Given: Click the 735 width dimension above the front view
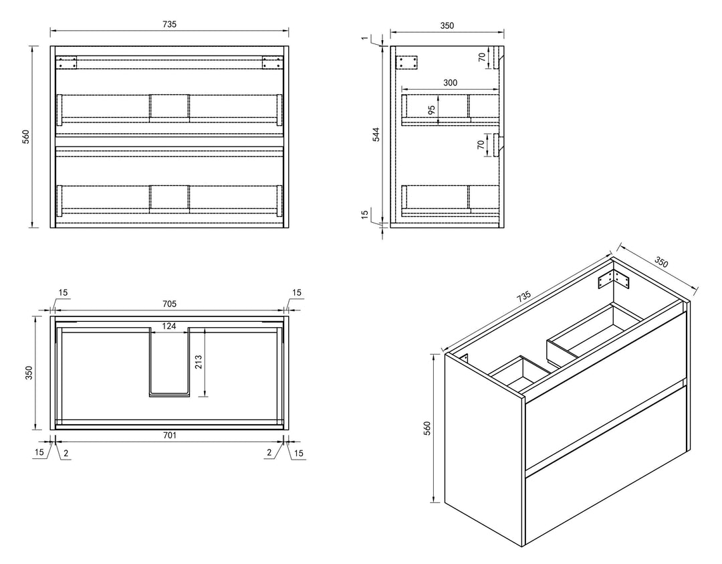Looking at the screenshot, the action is click(x=169, y=24).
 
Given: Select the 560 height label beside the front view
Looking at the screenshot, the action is click(x=26, y=137).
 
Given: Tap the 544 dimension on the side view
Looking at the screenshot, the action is click(x=376, y=134).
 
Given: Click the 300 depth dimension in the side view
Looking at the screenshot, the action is click(x=450, y=82).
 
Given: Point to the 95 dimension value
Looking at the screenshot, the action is click(x=431, y=110).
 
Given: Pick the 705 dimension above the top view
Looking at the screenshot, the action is click(x=169, y=304).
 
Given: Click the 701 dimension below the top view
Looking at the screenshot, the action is click(x=169, y=435).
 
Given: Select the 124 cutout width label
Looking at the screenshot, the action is click(x=169, y=326).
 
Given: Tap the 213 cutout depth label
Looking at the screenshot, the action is click(x=199, y=363).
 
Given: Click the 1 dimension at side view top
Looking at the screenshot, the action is click(x=365, y=37).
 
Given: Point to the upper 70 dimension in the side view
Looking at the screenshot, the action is click(x=481, y=57).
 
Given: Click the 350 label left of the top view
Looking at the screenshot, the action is click(x=29, y=373).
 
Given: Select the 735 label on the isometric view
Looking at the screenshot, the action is click(x=523, y=296).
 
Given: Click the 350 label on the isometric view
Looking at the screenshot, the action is click(x=660, y=262).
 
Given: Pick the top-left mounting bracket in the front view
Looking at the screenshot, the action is click(x=66, y=63).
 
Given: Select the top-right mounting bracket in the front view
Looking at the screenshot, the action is click(x=272, y=63).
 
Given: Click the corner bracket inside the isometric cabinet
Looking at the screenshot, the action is click(x=614, y=280).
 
